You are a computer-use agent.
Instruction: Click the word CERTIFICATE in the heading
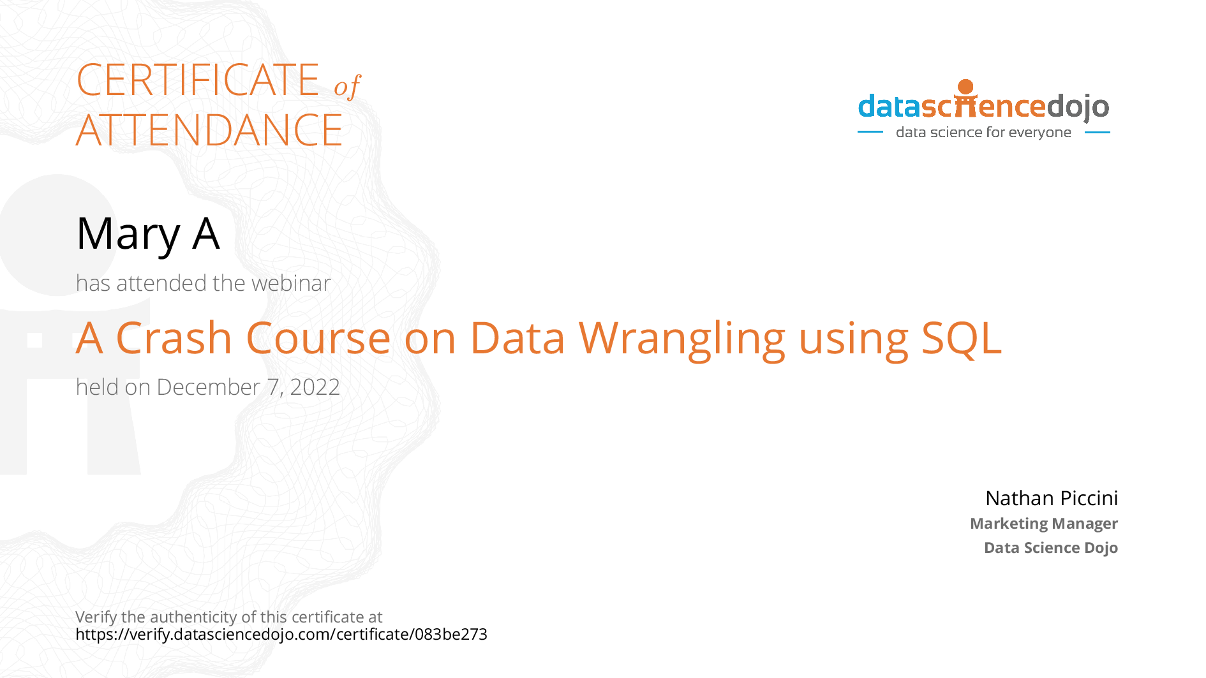click(x=198, y=80)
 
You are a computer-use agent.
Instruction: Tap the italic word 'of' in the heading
click(x=348, y=86)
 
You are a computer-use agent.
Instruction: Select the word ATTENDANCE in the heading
click(x=209, y=130)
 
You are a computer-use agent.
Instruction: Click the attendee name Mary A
click(x=148, y=235)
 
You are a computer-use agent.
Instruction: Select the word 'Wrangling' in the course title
click(x=682, y=340)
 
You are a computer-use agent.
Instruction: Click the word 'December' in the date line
click(x=209, y=387)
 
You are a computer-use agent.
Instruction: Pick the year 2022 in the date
click(x=315, y=387)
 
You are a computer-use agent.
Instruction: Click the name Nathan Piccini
click(x=1052, y=498)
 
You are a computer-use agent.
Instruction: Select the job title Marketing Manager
click(x=1044, y=524)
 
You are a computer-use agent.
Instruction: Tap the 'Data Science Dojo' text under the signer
click(x=1051, y=548)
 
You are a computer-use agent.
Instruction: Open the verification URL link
click(x=281, y=635)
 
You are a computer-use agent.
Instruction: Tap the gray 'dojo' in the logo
click(x=1078, y=107)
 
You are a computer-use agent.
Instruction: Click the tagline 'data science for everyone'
click(x=983, y=133)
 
